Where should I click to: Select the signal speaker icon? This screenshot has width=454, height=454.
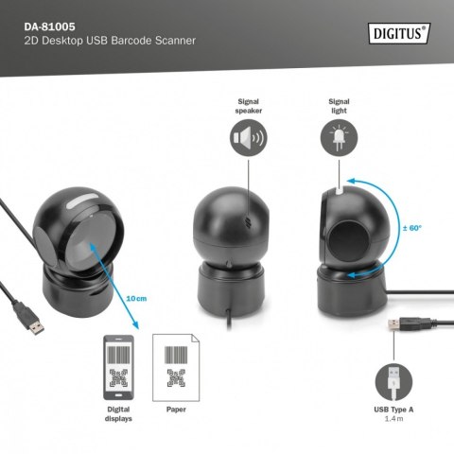248,139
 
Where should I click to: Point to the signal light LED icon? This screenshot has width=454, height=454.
340,139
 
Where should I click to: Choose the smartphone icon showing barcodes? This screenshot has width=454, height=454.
120,368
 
